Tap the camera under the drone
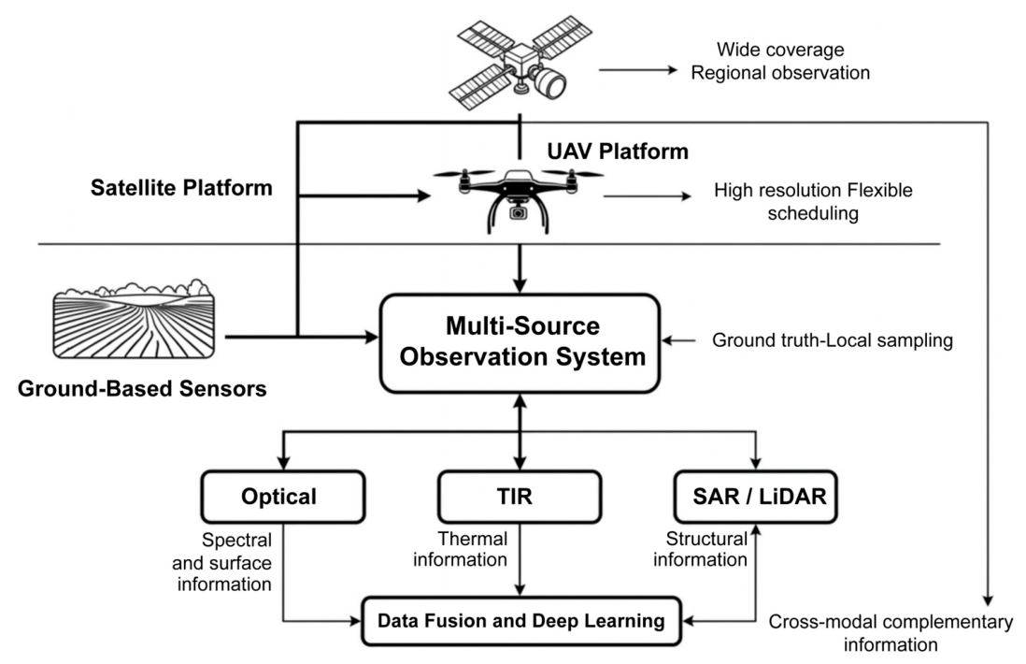(x=519, y=210)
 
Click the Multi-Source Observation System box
(x=520, y=343)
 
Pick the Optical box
(x=283, y=497)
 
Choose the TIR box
(x=520, y=497)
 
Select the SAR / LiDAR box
(x=756, y=497)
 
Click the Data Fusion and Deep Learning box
(x=521, y=621)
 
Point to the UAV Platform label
(x=618, y=152)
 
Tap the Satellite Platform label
(x=181, y=188)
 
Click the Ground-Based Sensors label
(x=142, y=388)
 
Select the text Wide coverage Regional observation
(x=780, y=61)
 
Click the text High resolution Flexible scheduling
(x=813, y=201)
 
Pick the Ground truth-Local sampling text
(x=833, y=340)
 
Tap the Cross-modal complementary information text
(x=891, y=632)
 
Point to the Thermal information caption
(x=461, y=549)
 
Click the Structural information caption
(x=700, y=549)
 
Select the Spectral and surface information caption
(x=221, y=562)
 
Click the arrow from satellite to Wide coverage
(x=638, y=70)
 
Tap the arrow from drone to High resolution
(x=648, y=195)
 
